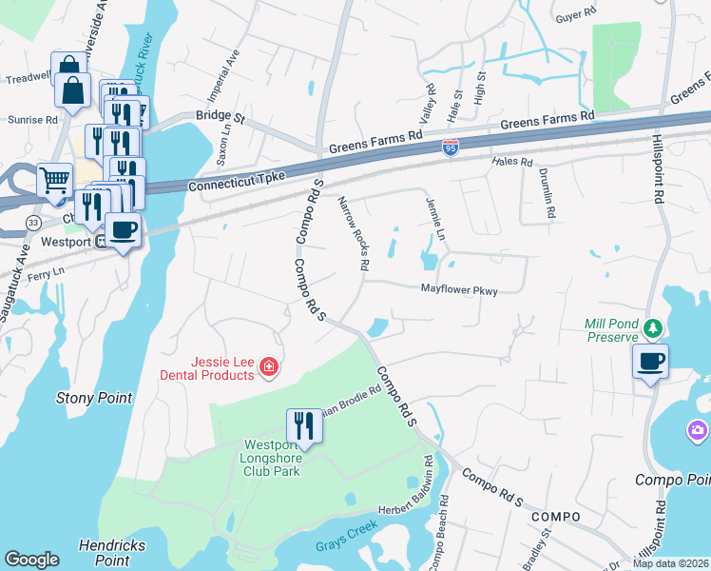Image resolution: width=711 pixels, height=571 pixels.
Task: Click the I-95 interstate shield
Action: [450, 148]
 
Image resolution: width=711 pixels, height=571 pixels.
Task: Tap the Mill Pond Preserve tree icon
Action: [652, 328]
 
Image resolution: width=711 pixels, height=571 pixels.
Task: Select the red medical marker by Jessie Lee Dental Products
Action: [269, 366]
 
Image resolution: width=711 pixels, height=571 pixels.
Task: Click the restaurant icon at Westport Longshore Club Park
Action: [304, 424]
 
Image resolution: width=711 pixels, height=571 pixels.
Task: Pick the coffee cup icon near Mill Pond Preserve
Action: [651, 362]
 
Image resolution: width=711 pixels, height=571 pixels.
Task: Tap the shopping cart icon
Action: [54, 178]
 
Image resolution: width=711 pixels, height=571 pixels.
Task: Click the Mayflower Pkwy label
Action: [460, 290]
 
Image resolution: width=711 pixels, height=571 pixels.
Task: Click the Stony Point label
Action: [94, 398]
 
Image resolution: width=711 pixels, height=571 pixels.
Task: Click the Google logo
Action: [31, 560]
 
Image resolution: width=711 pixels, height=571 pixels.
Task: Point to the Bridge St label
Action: [221, 118]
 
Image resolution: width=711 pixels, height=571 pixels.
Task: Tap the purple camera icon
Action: [698, 432]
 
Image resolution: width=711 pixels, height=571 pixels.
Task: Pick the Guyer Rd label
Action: [574, 15]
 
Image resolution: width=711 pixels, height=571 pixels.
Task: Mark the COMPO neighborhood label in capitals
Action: [556, 516]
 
